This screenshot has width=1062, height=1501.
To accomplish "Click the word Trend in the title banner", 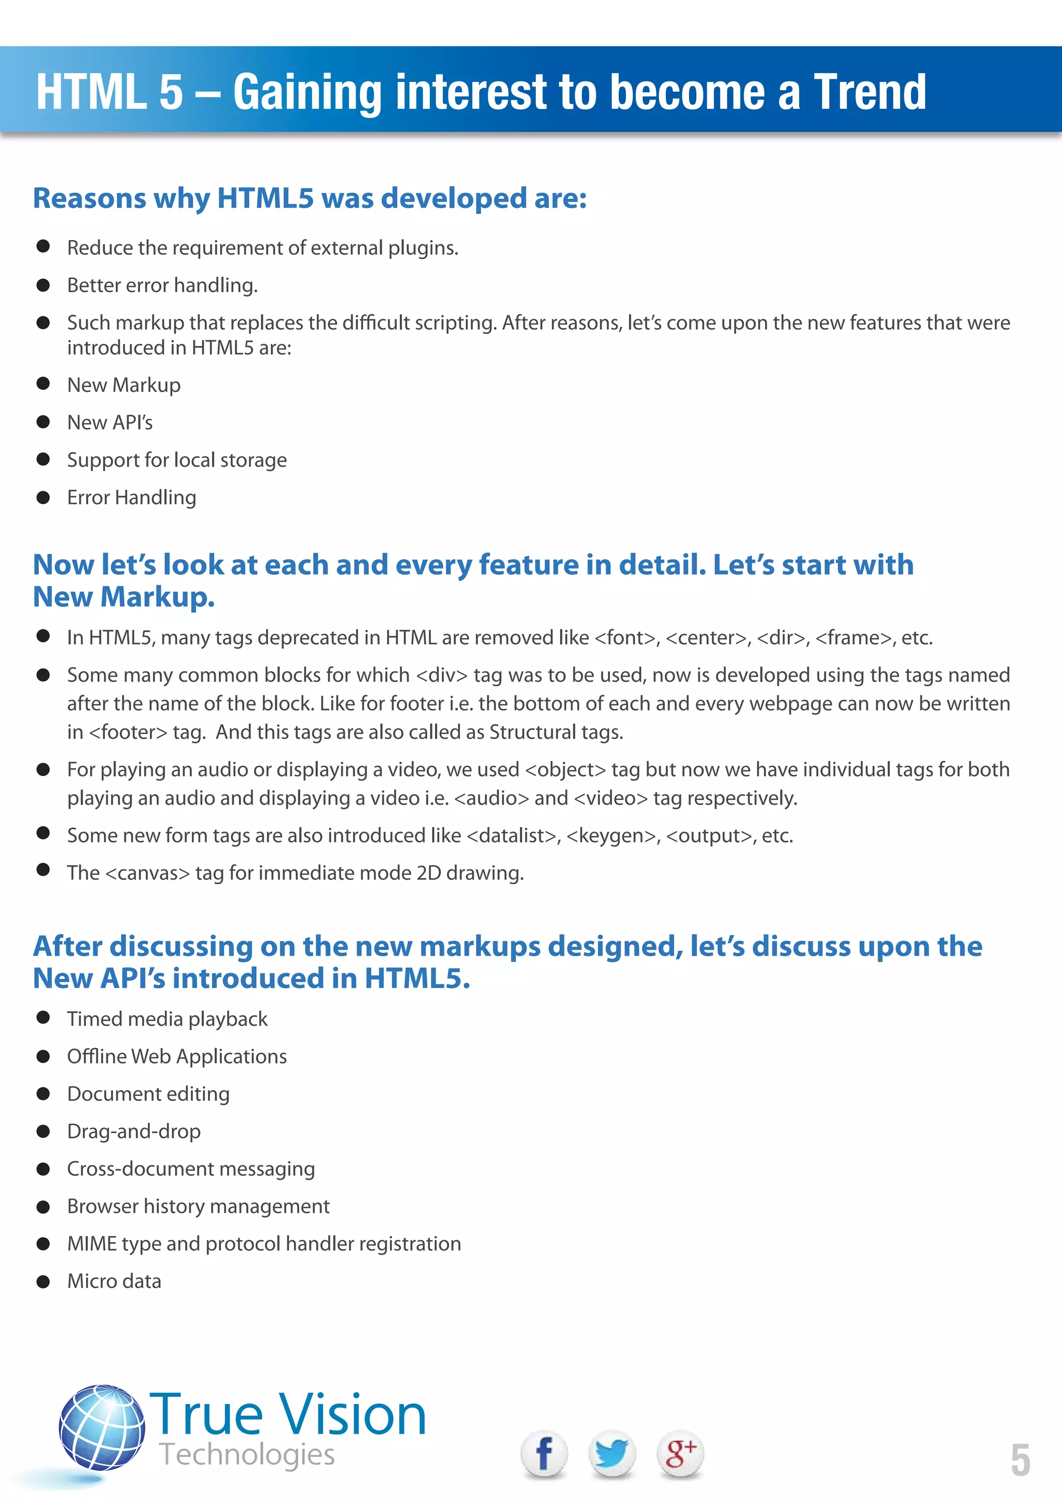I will tap(869, 92).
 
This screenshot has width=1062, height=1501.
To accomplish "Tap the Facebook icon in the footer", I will tap(543, 1453).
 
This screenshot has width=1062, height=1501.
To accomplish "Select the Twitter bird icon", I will tap(611, 1453).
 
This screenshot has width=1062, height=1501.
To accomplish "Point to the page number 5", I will tap(1020, 1460).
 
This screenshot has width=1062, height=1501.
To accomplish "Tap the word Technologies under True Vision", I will tap(246, 1454).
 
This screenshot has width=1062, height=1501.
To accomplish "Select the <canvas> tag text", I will tap(147, 873).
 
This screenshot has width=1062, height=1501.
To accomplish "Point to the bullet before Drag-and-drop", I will tap(43, 1131).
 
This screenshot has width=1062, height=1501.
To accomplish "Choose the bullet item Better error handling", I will tap(162, 285).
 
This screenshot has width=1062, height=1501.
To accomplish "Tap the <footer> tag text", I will tap(128, 732).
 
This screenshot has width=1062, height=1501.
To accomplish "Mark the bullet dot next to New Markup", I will tap(43, 385).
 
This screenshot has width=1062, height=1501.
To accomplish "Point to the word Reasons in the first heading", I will tap(90, 198).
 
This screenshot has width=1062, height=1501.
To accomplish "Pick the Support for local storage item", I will tap(176, 460).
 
